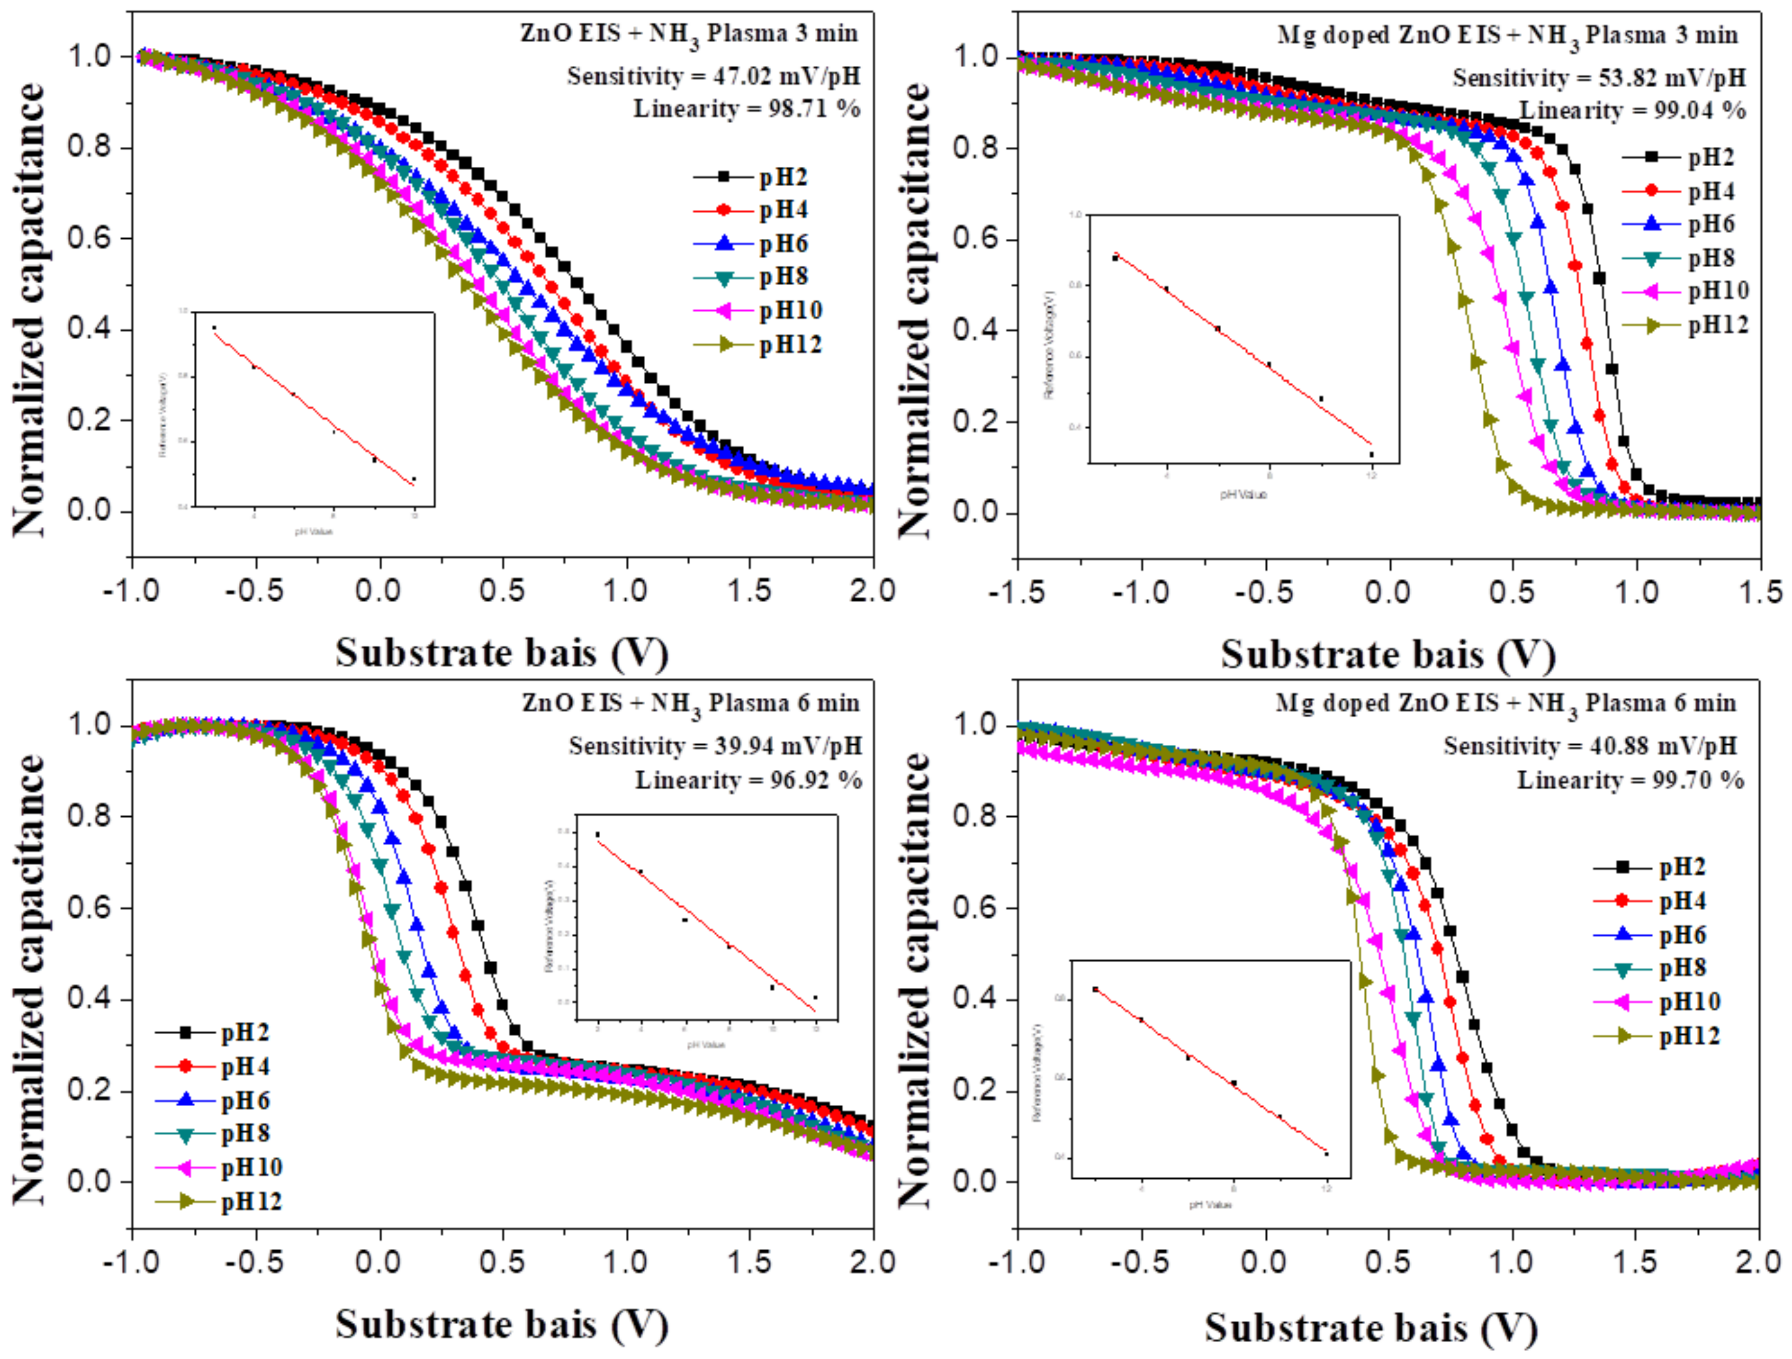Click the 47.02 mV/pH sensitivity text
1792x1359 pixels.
click(713, 76)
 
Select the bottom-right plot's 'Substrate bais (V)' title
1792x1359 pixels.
click(1371, 1328)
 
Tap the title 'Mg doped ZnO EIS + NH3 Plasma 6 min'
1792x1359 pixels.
click(1505, 703)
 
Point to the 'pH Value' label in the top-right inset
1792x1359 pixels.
click(1243, 493)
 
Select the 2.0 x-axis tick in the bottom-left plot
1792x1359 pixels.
click(872, 1262)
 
